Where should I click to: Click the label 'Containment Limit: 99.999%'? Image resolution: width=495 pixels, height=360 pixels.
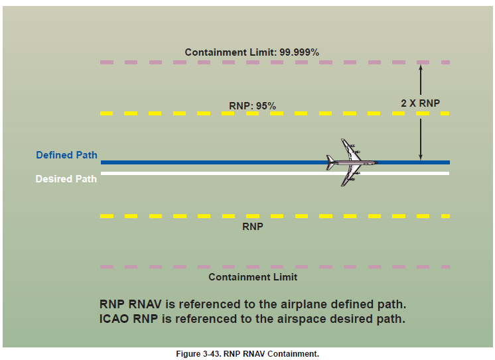coord(251,52)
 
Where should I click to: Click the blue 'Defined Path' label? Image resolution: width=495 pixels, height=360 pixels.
coord(66,155)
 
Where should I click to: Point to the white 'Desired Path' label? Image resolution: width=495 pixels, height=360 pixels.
coord(66,179)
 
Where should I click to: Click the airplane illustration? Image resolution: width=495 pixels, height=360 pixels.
coord(352,162)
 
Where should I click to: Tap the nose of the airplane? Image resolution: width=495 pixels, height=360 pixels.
coord(376,162)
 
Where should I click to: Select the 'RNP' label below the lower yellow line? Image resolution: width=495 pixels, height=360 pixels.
coord(252,226)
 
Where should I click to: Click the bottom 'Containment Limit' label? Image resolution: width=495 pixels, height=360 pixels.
coord(253,277)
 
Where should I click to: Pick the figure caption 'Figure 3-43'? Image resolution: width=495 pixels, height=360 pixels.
coord(200,354)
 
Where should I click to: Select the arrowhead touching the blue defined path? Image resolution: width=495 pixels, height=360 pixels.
coord(420,157)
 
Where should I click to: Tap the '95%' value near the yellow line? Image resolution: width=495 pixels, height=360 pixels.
coord(265,105)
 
